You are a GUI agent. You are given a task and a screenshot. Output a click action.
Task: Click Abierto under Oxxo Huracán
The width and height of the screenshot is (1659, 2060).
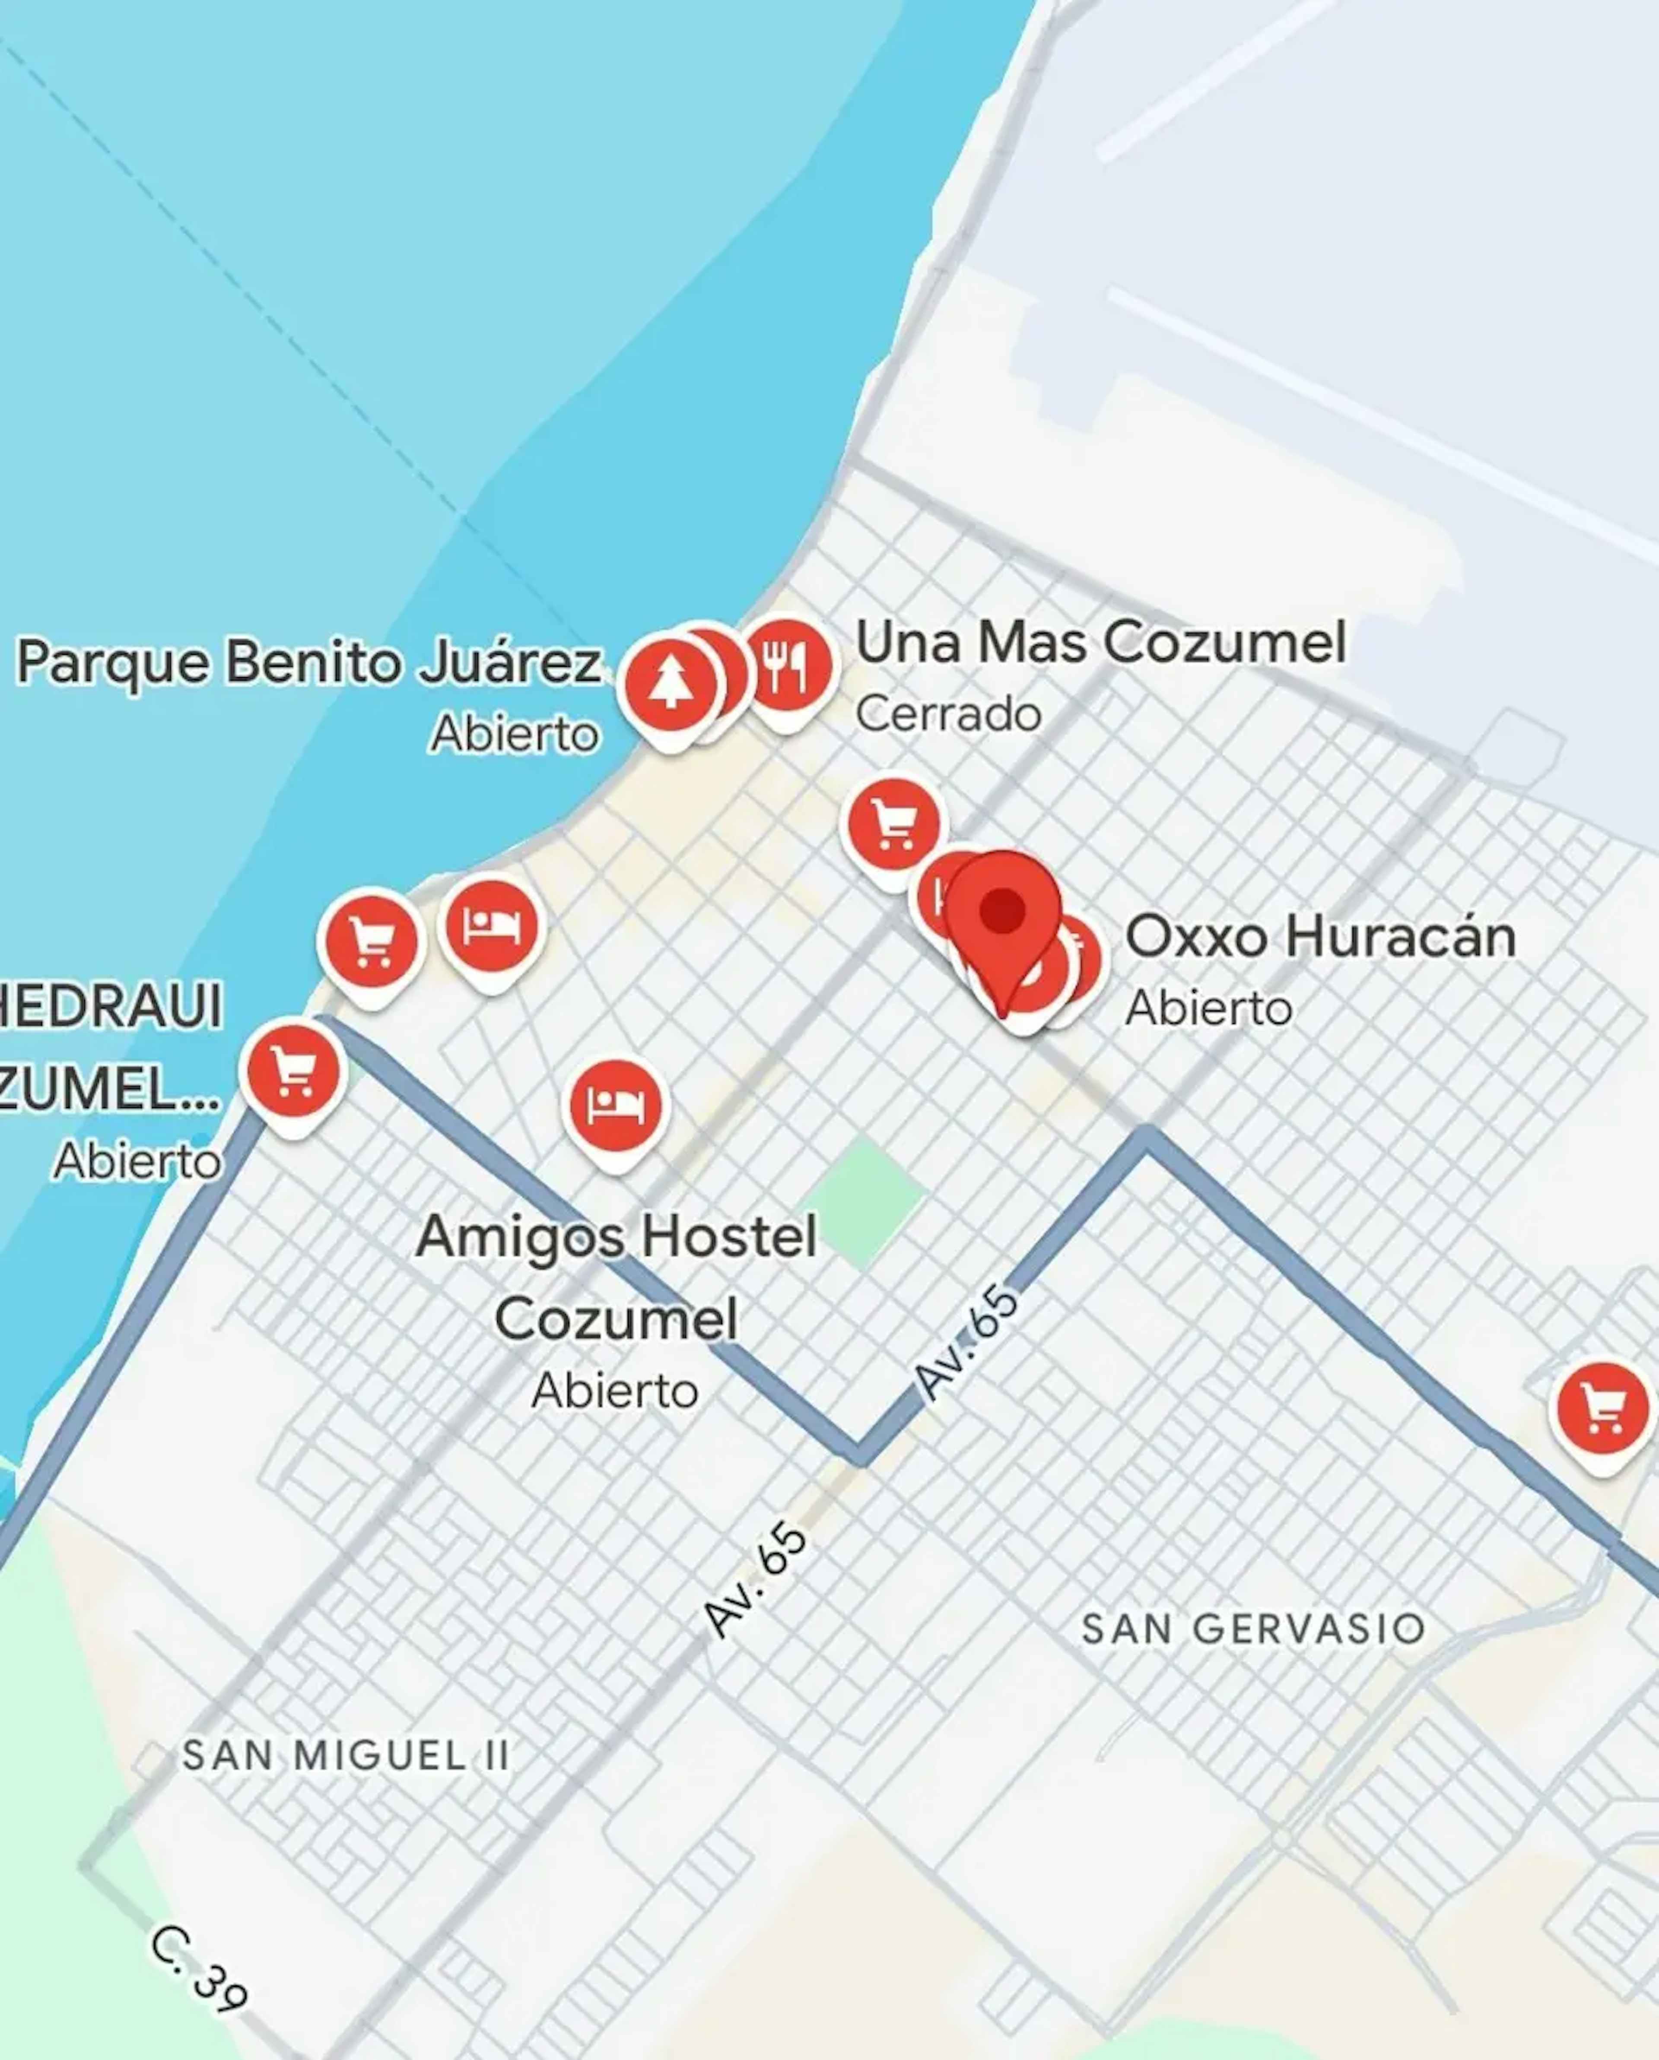[x=1209, y=1008]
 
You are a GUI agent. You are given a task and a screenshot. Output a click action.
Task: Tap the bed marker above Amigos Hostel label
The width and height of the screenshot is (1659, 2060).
[x=616, y=1106]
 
